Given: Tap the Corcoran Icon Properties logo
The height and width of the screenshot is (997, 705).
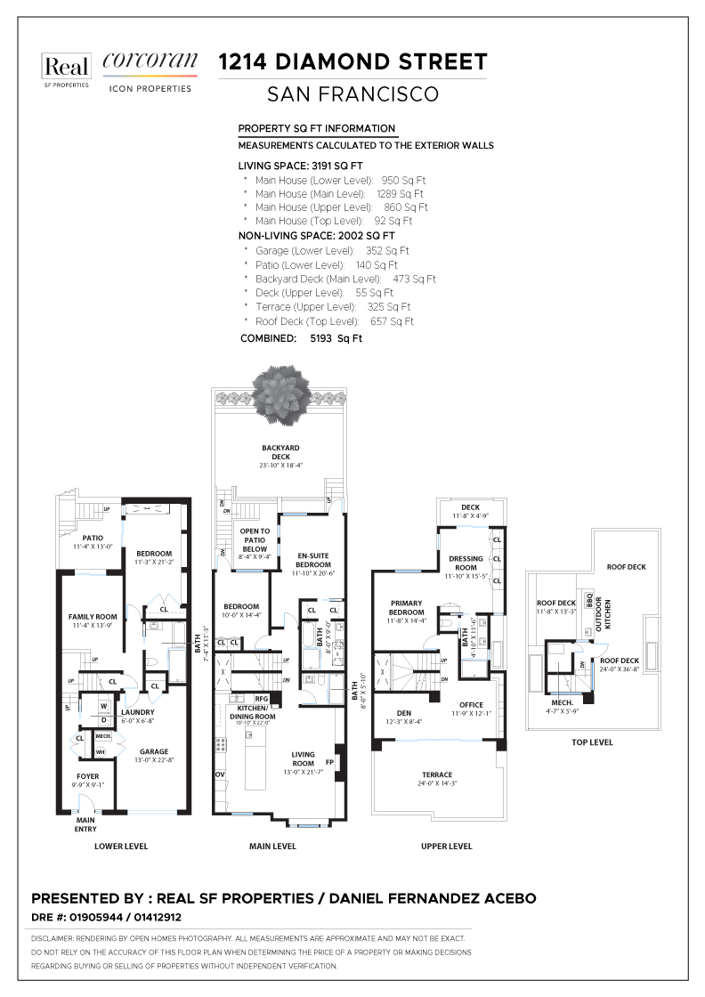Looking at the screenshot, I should [150, 71].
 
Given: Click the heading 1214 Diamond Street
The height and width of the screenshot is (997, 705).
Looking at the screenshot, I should [352, 62].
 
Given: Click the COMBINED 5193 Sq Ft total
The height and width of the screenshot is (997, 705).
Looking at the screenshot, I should [301, 339].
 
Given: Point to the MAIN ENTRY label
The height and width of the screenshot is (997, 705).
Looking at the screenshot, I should [86, 824].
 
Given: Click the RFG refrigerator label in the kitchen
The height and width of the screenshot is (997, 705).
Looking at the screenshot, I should [262, 699].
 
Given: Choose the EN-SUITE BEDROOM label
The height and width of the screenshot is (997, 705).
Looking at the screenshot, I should [313, 560].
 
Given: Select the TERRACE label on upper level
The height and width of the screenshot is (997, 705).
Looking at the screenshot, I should [437, 775].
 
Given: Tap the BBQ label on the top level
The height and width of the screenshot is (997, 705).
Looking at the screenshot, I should [589, 598].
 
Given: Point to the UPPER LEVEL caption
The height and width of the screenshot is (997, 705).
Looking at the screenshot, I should [446, 847].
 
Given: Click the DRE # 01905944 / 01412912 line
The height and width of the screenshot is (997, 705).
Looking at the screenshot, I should [107, 917].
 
